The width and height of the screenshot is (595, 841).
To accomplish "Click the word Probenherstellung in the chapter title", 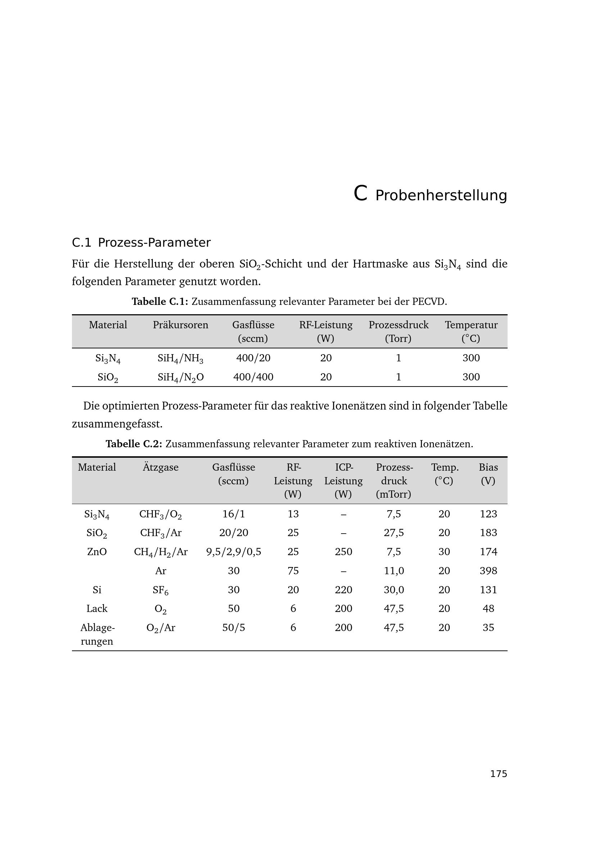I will pos(441,196).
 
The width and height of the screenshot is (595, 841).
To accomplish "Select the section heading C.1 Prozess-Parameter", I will pos(141,242).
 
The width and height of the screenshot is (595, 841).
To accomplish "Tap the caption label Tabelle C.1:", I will pos(160,301).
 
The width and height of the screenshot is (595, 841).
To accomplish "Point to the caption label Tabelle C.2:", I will pos(134,444).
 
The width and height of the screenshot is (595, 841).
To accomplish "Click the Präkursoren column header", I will pos(180,325).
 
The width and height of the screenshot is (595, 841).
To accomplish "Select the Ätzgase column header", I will pos(160,467).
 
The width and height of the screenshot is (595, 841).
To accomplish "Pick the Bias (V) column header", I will pos(488,474).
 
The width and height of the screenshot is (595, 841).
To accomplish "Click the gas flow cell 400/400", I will pos(253,377).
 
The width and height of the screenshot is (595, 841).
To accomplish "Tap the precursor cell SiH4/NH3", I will pos(180,358).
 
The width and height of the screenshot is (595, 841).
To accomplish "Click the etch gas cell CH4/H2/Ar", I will pos(160,552).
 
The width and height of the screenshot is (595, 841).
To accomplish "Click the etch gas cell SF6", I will pos(160,590).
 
